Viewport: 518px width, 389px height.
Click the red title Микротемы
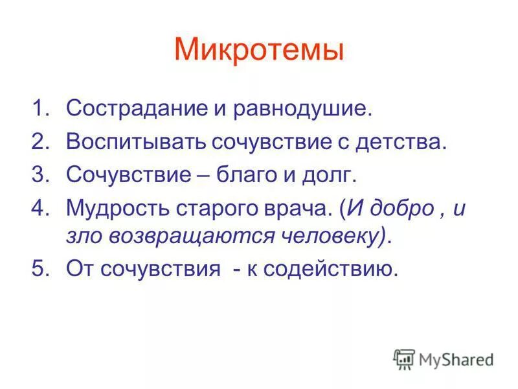[258, 51]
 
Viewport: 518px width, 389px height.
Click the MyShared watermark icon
[403, 359]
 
